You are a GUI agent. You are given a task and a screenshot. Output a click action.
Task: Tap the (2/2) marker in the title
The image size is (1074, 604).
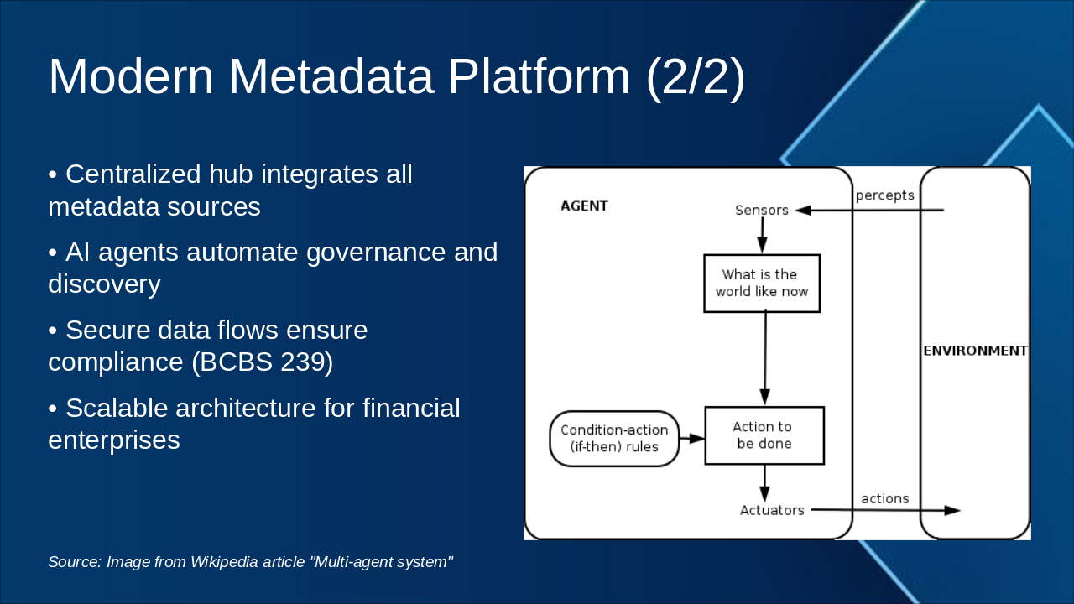click(695, 76)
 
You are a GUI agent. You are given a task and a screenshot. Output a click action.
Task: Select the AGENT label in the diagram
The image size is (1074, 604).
click(584, 206)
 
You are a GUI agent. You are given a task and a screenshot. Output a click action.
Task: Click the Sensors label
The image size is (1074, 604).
click(761, 211)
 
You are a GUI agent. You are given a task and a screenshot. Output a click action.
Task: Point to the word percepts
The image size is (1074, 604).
click(884, 195)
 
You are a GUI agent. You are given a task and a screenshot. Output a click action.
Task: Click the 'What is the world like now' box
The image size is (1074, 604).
click(761, 284)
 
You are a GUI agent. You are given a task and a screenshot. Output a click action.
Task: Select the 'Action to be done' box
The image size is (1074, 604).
click(764, 435)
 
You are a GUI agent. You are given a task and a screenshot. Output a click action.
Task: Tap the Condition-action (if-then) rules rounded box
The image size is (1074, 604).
click(614, 439)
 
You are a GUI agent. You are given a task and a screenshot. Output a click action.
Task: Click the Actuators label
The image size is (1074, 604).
click(771, 510)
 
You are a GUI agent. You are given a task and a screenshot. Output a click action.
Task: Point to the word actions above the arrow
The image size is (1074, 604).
click(884, 499)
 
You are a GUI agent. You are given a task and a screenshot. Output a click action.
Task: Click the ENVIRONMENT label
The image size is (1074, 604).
click(975, 351)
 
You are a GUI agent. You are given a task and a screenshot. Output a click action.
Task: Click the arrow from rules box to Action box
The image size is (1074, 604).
click(691, 438)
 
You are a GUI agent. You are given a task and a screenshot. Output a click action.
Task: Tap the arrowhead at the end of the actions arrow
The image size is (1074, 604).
click(952, 510)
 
